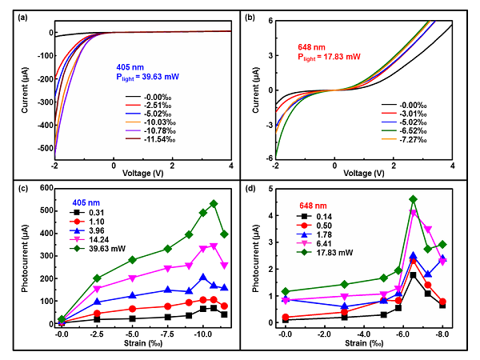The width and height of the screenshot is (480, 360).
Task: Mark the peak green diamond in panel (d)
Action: tap(413, 199)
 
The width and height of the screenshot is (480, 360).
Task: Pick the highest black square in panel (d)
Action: tap(413, 275)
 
